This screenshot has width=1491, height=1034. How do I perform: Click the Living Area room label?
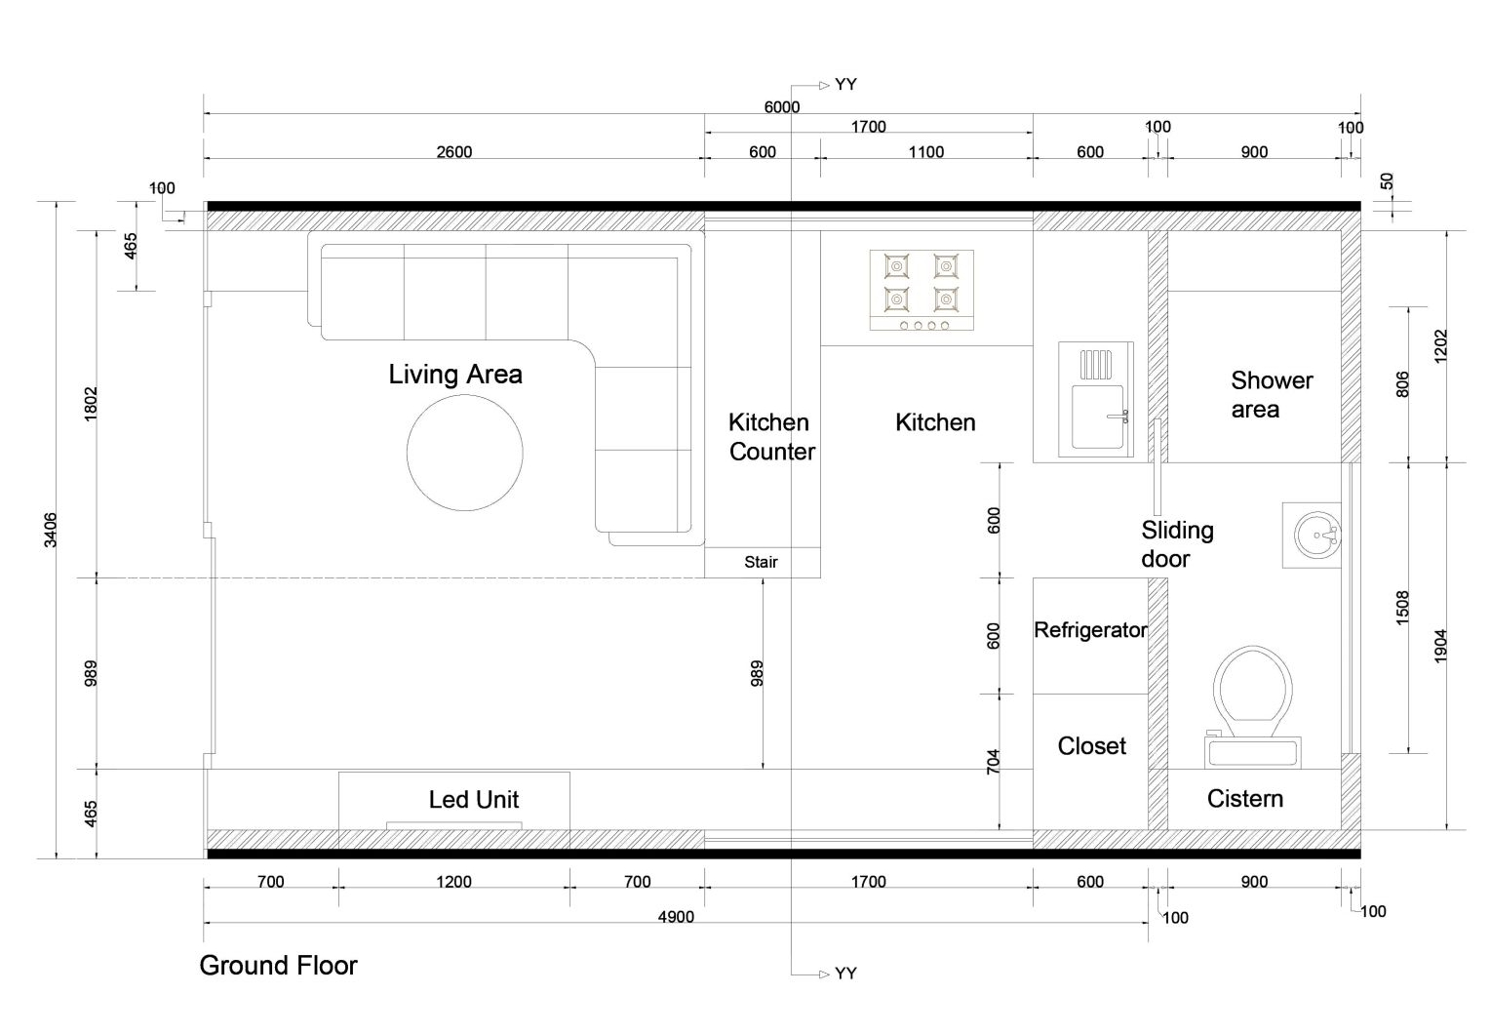click(x=455, y=375)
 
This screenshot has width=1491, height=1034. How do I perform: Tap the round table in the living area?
click(x=464, y=453)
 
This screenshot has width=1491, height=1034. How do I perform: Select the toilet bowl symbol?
click(x=1253, y=693)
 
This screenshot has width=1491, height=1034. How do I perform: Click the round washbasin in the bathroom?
click(x=1317, y=536)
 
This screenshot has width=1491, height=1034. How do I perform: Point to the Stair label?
click(x=761, y=562)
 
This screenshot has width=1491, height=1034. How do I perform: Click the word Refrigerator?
click(x=1090, y=630)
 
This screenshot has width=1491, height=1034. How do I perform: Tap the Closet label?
click(x=1091, y=745)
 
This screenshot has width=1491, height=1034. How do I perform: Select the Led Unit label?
click(x=473, y=799)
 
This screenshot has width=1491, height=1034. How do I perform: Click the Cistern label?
click(x=1244, y=798)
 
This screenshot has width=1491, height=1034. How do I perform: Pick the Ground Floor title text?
click(x=278, y=966)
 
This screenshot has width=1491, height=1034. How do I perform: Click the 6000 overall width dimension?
click(x=781, y=107)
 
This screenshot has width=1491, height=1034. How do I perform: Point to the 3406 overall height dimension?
click(x=51, y=530)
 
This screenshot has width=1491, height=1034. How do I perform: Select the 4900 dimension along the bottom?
click(x=676, y=917)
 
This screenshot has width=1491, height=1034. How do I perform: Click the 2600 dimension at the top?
click(x=454, y=152)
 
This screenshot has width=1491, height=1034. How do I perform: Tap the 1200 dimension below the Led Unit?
click(x=454, y=882)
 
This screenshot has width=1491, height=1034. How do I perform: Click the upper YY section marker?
click(x=845, y=85)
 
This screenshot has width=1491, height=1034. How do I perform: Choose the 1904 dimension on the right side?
click(x=1440, y=646)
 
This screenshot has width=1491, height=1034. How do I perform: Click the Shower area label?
click(x=1272, y=395)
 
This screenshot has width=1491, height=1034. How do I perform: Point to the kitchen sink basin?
click(x=1098, y=417)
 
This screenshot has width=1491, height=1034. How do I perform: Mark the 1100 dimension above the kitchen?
click(x=925, y=152)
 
